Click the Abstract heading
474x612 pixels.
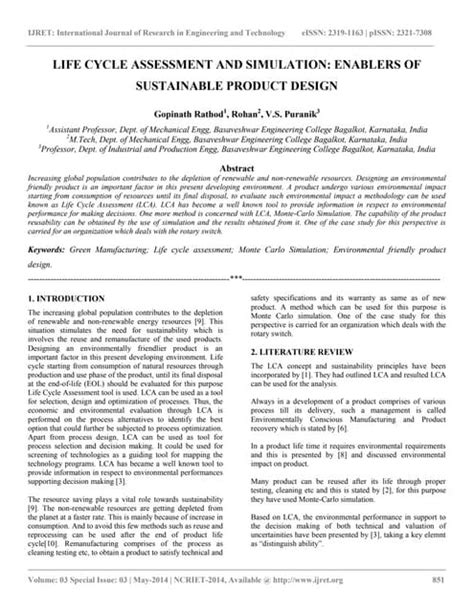pyautogui.click(x=237, y=170)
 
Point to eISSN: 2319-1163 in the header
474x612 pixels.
pyautogui.click(x=344, y=9)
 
